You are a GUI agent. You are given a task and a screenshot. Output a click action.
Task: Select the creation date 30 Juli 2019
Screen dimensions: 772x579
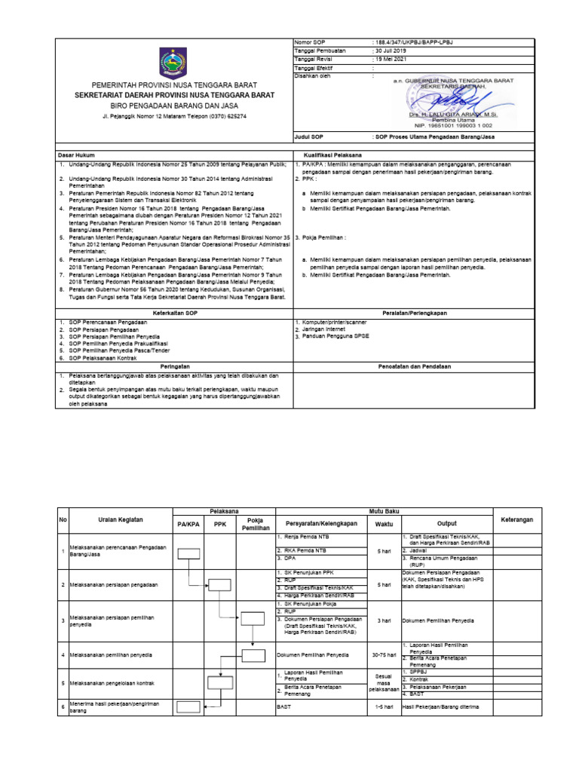coord(394,51)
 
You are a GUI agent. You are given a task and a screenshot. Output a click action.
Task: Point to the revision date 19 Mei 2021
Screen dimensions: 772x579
coord(393,59)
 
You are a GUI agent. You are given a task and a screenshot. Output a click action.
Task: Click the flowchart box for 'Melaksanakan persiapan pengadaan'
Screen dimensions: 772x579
coord(219,584)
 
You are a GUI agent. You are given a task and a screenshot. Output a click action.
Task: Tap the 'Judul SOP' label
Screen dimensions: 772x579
coord(309,136)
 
